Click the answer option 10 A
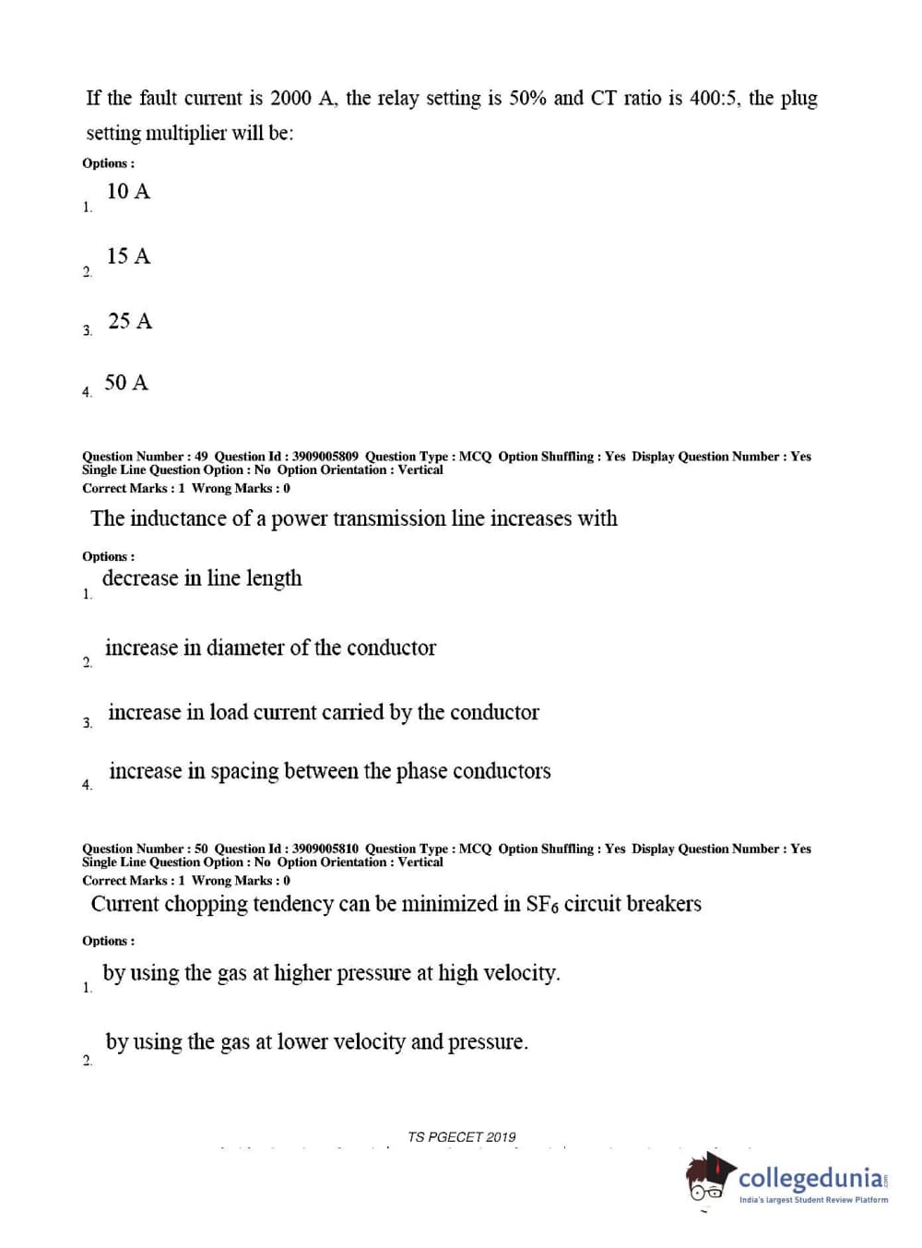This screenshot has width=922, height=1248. coord(128,192)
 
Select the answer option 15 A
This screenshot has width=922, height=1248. coord(128,256)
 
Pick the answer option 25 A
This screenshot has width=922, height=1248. coord(129,321)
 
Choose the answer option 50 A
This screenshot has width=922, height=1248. coord(126,383)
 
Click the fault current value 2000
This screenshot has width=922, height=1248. coord(290,99)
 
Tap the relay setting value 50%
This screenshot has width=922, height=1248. coord(528,99)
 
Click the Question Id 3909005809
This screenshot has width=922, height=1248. coord(325,457)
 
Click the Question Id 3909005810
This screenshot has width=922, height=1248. coord(325,849)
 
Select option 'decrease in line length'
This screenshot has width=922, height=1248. coord(202,578)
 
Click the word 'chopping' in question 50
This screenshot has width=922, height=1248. coord(207,905)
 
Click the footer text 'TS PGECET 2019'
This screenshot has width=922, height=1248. coord(462,1137)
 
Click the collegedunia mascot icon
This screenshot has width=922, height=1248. coord(709,1178)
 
